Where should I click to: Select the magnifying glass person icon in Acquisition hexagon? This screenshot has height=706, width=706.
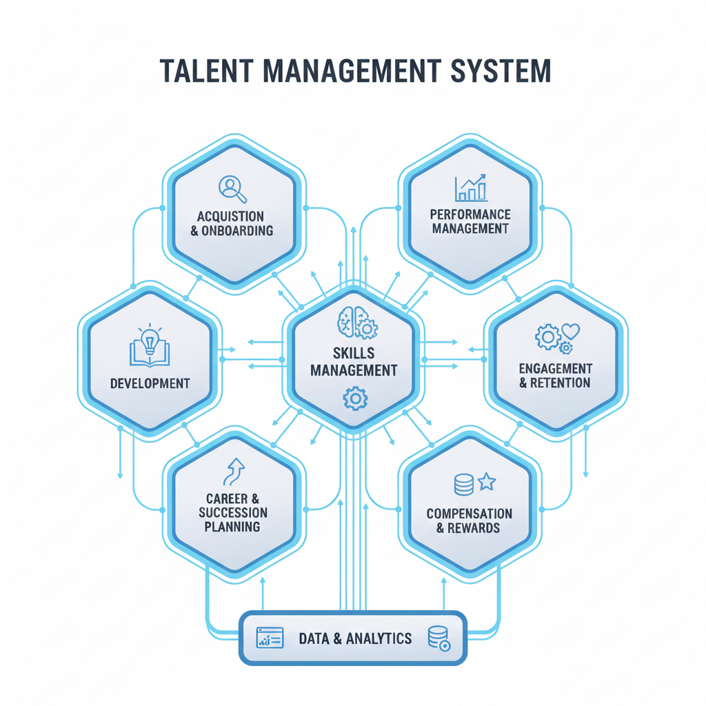(232, 188)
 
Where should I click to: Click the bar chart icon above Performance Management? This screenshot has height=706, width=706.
(471, 188)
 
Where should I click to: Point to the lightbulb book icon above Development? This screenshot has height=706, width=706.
(149, 346)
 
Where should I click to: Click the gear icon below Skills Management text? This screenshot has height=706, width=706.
(355, 398)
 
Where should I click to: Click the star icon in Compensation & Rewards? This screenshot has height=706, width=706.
(487, 481)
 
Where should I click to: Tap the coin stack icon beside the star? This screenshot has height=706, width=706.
(464, 484)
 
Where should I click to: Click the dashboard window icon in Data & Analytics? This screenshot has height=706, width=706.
(270, 638)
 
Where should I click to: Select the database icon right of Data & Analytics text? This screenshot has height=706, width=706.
(438, 638)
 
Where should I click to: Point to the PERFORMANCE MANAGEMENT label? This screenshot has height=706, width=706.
(470, 221)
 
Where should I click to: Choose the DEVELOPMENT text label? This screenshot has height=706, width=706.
(150, 383)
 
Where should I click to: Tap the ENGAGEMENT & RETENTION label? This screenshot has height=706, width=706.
(554, 376)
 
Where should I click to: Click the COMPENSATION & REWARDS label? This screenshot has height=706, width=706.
(469, 521)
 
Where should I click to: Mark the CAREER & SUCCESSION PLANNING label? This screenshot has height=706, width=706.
(232, 512)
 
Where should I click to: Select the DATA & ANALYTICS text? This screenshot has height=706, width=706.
(355, 638)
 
